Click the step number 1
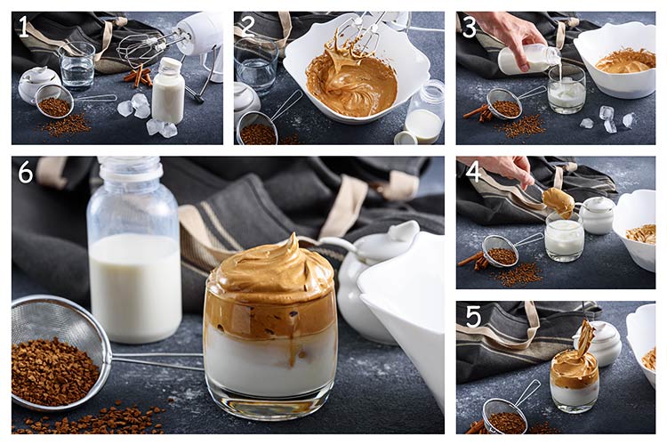coord(24,27)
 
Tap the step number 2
coord(247,27)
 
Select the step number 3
coord(470,27)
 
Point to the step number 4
coord(473,173)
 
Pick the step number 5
coord(473,317)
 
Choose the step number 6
coord(26,173)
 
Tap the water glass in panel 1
coord(77,66)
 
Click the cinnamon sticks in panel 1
coord(138,76)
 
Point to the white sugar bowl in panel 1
coord(38,84)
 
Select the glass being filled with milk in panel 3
coord(567,89)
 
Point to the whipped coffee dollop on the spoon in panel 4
coord(559,202)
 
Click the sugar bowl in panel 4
coord(598,215)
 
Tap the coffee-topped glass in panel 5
coord(575,380)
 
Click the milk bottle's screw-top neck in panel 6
coord(130,168)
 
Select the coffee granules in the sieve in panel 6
coord(53,370)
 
